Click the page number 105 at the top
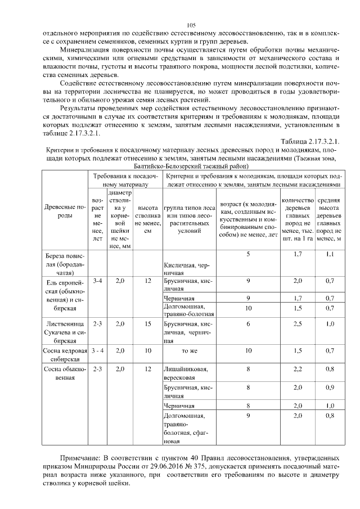coord(190,25)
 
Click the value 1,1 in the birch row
coord(330,254)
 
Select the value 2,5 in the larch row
coord(298,323)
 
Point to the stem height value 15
coord(147,323)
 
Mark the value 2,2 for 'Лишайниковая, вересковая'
coord(298,369)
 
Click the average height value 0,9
coord(330,387)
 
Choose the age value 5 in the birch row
coord(248,254)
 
